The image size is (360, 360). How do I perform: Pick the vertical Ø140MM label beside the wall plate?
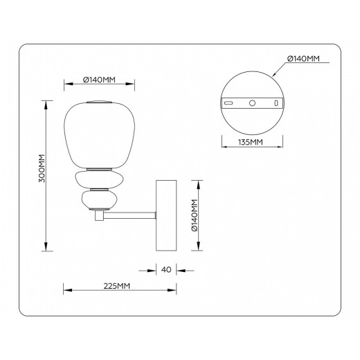[x=196, y=215]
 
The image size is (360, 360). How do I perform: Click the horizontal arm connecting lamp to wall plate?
[x=132, y=217]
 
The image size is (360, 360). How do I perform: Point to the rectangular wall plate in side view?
[x=165, y=216]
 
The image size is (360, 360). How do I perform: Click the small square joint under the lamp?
[x=98, y=217]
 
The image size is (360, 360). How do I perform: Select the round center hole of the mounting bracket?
[x=252, y=102]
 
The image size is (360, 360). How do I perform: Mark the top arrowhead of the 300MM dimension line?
[x=47, y=104]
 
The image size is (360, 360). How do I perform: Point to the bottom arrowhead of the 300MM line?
[x=47, y=250]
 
